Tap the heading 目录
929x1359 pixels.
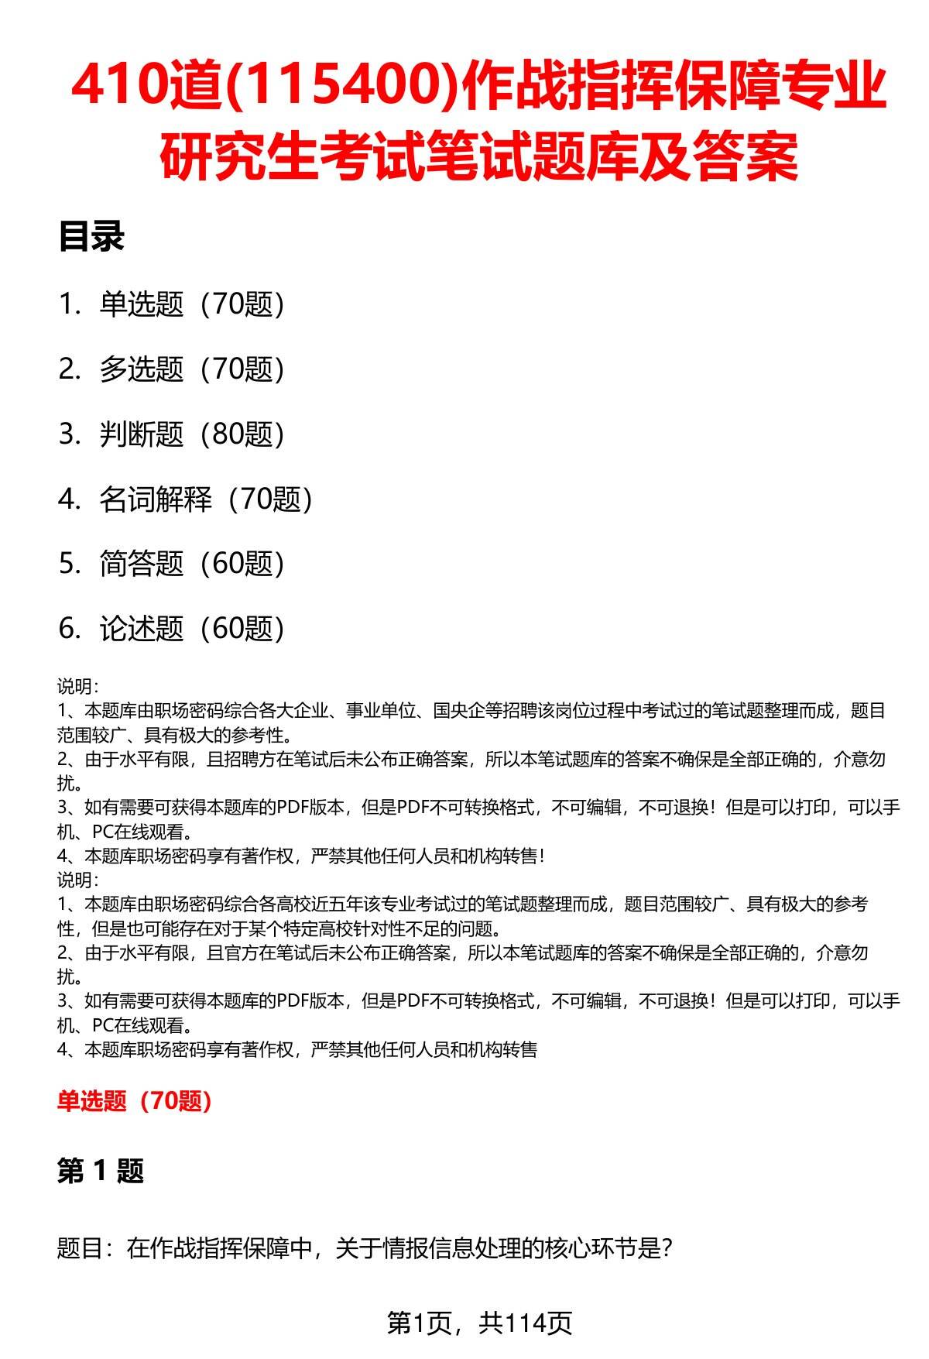(91, 237)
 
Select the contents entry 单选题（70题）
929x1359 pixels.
(192, 304)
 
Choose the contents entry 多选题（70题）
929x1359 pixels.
(192, 369)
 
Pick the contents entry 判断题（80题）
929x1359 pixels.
(192, 434)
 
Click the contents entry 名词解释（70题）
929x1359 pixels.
(206, 499)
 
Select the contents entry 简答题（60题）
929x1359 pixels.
(192, 564)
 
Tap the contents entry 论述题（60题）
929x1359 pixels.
(192, 629)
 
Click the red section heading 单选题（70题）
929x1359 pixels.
(135, 1100)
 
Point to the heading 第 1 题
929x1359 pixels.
(101, 1171)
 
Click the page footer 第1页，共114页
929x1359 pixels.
(479, 1323)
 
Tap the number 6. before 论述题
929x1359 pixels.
(70, 629)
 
